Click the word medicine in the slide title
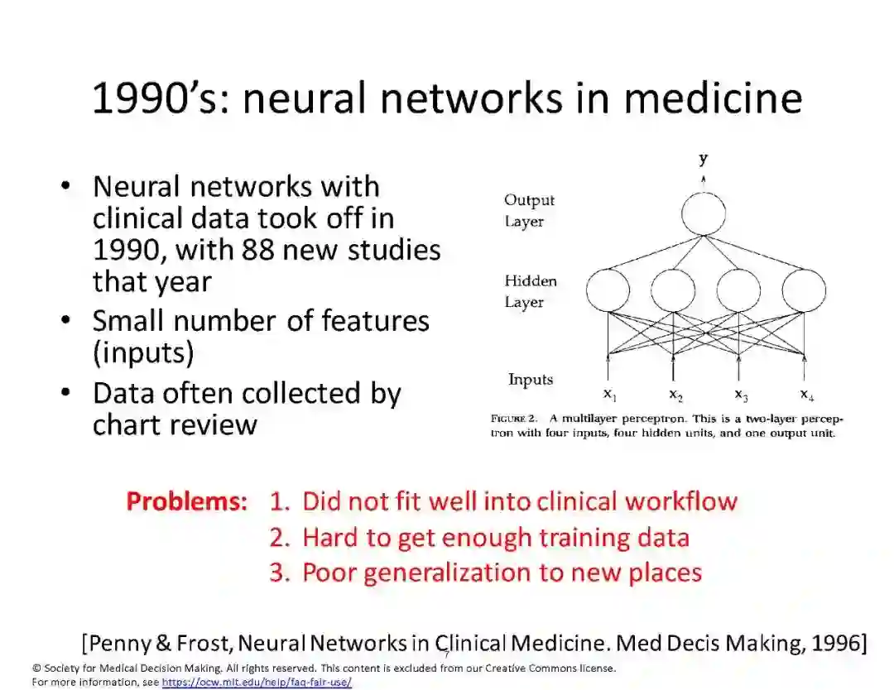point(713,98)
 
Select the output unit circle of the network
point(703,213)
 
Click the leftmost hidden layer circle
point(608,291)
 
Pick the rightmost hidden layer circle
point(804,291)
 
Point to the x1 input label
point(609,394)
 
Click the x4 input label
point(806,394)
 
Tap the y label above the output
point(703,159)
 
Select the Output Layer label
point(529,210)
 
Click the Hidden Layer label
point(531,291)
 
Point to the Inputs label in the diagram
point(531,380)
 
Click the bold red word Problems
point(186,501)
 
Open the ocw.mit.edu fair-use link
point(257,683)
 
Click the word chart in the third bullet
point(130,424)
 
